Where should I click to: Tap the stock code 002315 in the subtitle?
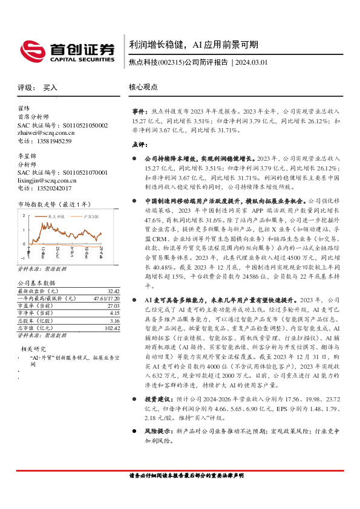point(170,62)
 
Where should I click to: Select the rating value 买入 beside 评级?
point(50,88)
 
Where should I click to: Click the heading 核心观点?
point(143,88)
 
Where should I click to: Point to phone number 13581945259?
point(53,141)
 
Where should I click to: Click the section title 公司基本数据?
point(36,266)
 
